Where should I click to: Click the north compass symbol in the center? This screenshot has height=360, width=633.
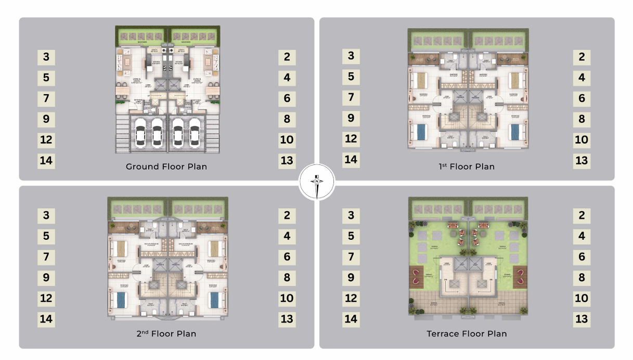[316, 184]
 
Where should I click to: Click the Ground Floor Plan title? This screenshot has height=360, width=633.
[166, 167]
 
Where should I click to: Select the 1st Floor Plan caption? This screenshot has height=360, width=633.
[466, 167]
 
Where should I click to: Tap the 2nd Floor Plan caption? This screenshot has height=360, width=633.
[166, 333]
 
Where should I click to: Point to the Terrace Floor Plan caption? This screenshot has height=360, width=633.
[467, 333]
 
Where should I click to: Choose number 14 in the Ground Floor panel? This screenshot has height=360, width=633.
[46, 160]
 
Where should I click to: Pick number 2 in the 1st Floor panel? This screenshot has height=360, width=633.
[582, 57]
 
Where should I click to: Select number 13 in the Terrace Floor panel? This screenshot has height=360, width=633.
[582, 319]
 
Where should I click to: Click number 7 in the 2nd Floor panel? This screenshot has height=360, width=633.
[46, 256]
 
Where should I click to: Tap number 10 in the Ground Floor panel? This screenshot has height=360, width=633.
[287, 140]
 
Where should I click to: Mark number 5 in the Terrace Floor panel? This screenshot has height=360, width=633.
[351, 236]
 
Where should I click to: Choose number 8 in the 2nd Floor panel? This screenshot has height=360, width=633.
[287, 277]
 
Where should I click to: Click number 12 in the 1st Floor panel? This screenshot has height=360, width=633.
[351, 139]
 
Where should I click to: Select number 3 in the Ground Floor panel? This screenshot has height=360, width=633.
[46, 57]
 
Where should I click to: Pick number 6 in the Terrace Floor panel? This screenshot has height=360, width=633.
[582, 256]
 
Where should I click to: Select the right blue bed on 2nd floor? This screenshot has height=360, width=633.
[213, 301]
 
